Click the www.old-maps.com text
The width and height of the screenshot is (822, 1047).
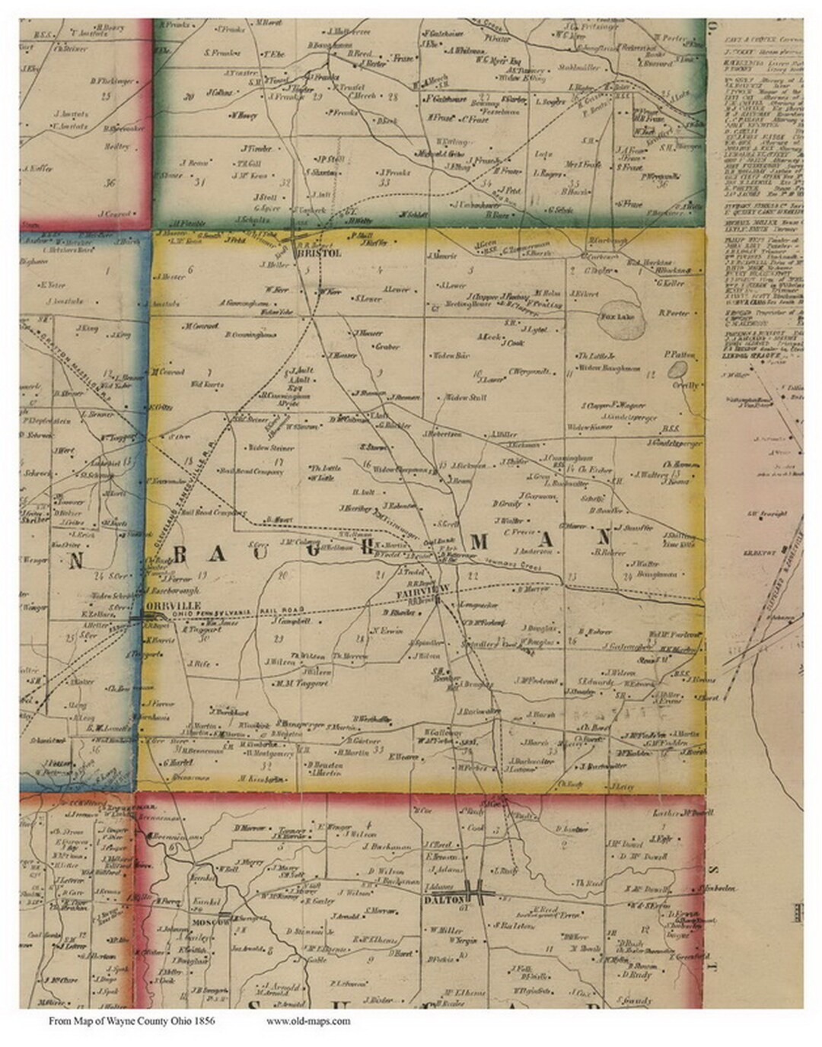[x=308, y=1021]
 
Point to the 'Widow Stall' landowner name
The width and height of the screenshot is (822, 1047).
[x=465, y=397]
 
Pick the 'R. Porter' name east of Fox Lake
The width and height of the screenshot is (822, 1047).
[x=674, y=313]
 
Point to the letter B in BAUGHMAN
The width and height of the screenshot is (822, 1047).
[x=180, y=556]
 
